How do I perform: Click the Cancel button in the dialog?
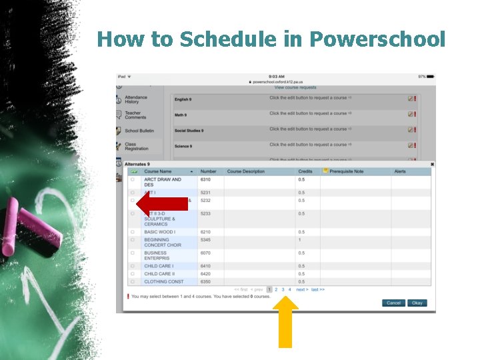tap(393, 303)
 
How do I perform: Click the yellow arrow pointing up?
tap(285, 323)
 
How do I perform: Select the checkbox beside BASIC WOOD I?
tap(132, 232)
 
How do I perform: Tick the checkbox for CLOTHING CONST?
tap(132, 281)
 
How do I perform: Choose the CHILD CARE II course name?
tap(159, 273)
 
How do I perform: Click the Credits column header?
tap(305, 171)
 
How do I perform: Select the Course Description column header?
tap(245, 171)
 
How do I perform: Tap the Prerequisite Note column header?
tap(346, 171)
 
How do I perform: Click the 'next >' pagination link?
tap(302, 289)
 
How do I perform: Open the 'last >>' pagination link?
tap(318, 289)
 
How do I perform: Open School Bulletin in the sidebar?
tap(139, 131)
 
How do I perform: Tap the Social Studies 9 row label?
tap(189, 131)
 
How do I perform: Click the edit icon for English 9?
tap(411, 98)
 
